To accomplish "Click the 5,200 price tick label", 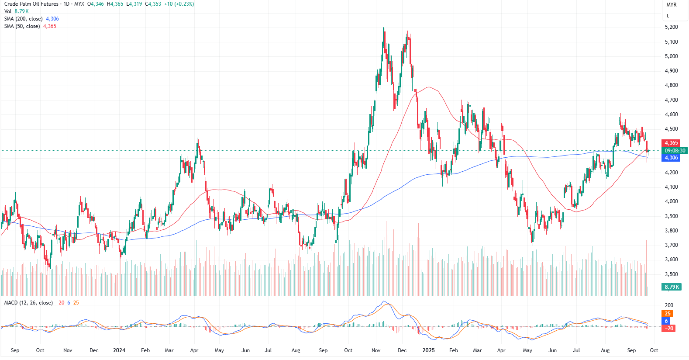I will [x=671, y=27].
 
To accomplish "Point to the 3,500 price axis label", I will [x=671, y=274].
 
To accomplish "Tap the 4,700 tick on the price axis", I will [x=671, y=100].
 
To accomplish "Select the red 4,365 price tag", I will [x=671, y=143].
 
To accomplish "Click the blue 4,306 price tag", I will [x=671, y=158].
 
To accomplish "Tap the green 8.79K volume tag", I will [x=672, y=287].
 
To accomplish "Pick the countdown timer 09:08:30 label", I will [x=675, y=150].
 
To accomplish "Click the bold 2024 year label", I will [x=119, y=350].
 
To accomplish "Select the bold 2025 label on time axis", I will [x=428, y=350].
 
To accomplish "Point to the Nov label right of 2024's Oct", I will [x=376, y=350].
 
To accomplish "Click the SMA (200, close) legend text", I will [x=23, y=19].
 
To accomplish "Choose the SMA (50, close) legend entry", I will [x=22, y=26].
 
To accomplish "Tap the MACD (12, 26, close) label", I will [x=28, y=303].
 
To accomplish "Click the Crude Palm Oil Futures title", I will [x=31, y=4].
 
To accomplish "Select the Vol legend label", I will [x=8, y=11].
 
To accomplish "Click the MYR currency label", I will [x=671, y=5].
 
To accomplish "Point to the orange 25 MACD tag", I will [x=667, y=314].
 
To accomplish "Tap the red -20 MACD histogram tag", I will [x=669, y=329].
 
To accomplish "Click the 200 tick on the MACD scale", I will [x=669, y=305].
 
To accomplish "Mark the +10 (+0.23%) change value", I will [x=179, y=4].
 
